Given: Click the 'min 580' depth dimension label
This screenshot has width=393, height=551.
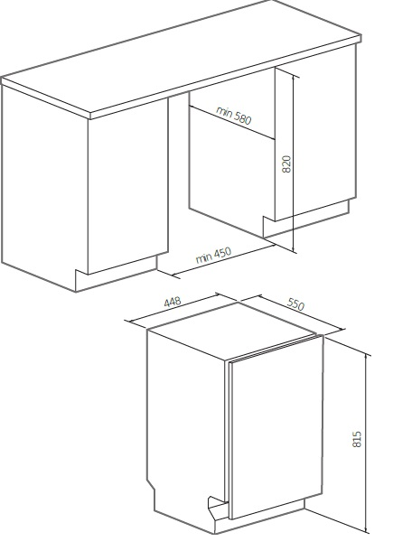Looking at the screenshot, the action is coord(234,116).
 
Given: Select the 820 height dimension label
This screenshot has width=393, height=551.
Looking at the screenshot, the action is coord(286,164).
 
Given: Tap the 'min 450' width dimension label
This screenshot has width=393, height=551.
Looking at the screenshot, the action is coord(214,255).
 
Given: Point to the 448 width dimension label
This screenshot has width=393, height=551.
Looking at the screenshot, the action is coord(173,302).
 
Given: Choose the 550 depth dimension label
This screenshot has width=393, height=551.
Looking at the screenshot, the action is coord(295,304).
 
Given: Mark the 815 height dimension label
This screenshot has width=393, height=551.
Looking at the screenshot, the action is coord(357,439).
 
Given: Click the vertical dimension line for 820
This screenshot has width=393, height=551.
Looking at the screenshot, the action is coord(294,163).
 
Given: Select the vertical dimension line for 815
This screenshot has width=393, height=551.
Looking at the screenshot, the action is coord(367,444).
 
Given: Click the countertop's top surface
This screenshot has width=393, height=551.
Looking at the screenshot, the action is coord(181,56).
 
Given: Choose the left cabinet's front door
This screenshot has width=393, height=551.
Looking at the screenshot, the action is coord(128,186).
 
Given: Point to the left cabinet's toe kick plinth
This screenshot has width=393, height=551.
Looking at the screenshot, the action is coord(117,275).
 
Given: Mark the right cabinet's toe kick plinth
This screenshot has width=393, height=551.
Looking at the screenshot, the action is coord(306,219).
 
